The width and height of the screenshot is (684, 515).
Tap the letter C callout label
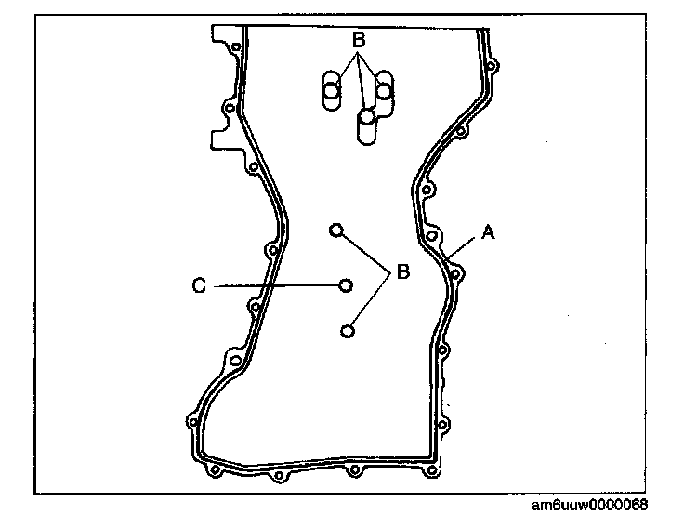(198, 286)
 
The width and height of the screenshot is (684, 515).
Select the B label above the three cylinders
(358, 41)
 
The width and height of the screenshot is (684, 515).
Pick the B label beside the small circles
(403, 272)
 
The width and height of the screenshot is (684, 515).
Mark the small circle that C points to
(346, 285)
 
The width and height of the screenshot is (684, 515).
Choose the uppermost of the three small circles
(336, 229)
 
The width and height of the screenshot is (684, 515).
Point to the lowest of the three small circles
(348, 330)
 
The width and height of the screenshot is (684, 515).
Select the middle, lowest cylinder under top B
(367, 125)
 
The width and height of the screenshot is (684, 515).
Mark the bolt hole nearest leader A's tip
(455, 274)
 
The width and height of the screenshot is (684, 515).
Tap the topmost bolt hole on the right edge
(491, 67)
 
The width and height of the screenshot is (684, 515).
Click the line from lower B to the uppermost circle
(364, 251)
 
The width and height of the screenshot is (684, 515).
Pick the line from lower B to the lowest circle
(370, 302)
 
